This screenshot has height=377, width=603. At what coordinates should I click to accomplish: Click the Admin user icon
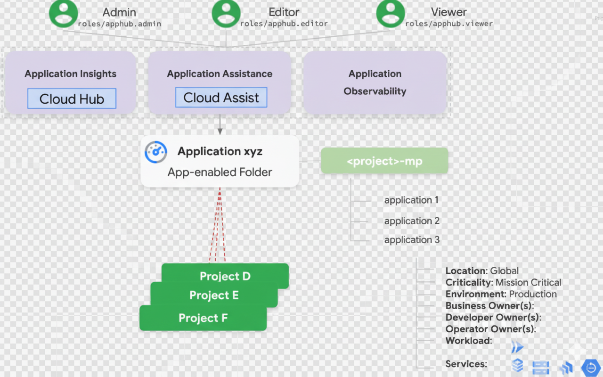pyautogui.click(x=63, y=13)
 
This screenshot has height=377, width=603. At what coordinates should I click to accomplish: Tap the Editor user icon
pyautogui.click(x=226, y=13)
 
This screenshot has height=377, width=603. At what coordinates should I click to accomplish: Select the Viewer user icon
pyautogui.click(x=391, y=13)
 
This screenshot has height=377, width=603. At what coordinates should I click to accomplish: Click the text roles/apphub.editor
pyautogui.click(x=284, y=24)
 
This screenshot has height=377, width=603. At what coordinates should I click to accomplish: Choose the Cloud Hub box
pyautogui.click(x=72, y=98)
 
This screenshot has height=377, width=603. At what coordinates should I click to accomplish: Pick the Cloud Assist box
pyautogui.click(x=221, y=98)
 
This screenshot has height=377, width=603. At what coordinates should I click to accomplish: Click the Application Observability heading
pyautogui.click(x=375, y=82)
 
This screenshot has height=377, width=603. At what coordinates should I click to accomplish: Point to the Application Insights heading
pyautogui.click(x=71, y=74)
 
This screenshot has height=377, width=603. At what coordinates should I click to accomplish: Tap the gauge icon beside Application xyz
pyautogui.click(x=156, y=152)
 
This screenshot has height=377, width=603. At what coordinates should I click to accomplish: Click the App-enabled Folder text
pyautogui.click(x=220, y=172)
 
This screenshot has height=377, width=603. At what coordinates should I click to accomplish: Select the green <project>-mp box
pyautogui.click(x=384, y=161)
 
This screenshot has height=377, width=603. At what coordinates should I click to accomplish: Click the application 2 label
pyautogui.click(x=412, y=221)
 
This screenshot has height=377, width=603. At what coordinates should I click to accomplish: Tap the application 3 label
pyautogui.click(x=412, y=240)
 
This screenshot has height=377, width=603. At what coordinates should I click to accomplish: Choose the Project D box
pyautogui.click(x=225, y=276)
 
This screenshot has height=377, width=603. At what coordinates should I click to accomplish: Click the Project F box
pyautogui.click(x=203, y=318)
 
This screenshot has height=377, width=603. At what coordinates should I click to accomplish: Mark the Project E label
pyautogui.click(x=214, y=295)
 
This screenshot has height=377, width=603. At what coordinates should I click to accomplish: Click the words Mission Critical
pyautogui.click(x=528, y=283)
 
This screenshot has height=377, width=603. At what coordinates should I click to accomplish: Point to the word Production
pyautogui.click(x=532, y=294)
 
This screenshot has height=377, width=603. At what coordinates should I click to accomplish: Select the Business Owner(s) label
pyautogui.click(x=489, y=306)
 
